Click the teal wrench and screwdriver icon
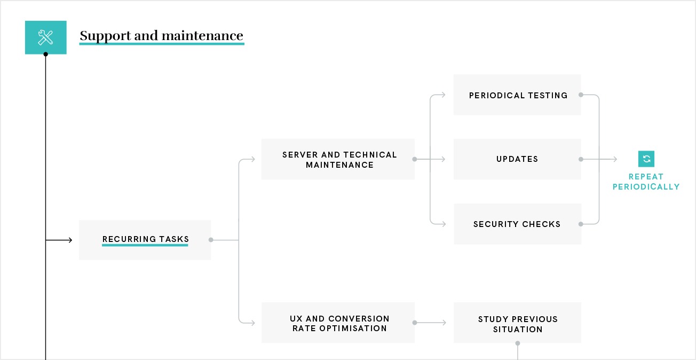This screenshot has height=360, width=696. click(x=46, y=37)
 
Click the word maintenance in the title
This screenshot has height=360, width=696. click(x=202, y=35)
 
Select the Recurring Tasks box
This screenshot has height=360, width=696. click(x=145, y=240)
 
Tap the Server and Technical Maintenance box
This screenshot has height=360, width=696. click(x=338, y=159)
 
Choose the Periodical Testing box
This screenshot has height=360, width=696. click(x=517, y=95)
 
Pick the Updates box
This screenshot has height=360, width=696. click(x=517, y=159)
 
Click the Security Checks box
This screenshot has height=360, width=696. click(x=517, y=224)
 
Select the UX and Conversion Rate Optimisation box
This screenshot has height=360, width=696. click(x=338, y=323)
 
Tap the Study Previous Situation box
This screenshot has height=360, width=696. click(x=517, y=323)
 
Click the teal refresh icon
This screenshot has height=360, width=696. click(x=646, y=159)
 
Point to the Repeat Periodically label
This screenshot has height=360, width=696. click(x=646, y=182)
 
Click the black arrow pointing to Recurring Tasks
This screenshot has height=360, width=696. click(x=59, y=240)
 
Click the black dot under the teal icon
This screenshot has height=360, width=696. click(x=46, y=54)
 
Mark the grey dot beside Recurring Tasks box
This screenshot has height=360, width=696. click(x=211, y=240)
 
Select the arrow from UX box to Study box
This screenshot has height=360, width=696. click(x=430, y=323)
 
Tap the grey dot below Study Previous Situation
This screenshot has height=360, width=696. click(x=518, y=343)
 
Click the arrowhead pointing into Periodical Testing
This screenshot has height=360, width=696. click(x=443, y=95)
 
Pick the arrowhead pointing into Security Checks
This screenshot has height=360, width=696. click(x=444, y=224)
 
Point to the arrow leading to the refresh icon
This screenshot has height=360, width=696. click(x=599, y=159)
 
